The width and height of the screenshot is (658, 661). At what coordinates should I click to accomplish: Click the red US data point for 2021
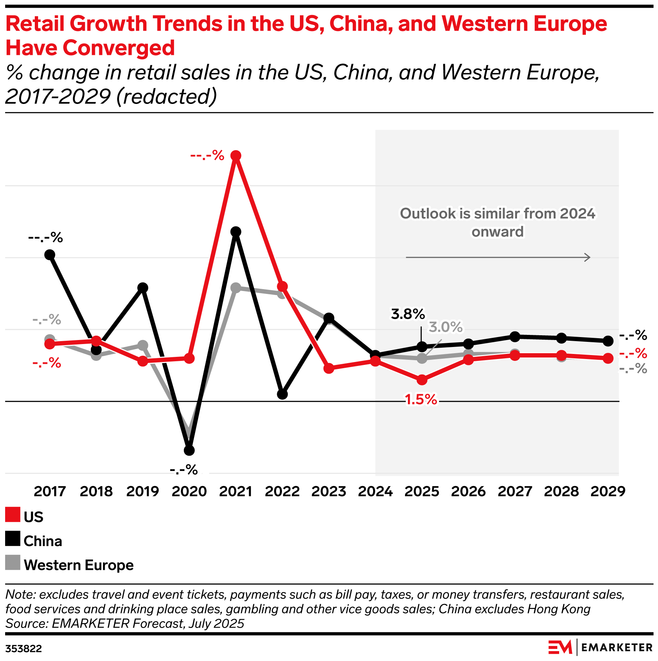[236, 156]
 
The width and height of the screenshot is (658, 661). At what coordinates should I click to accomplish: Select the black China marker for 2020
[189, 450]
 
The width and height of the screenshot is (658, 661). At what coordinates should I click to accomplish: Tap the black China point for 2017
[50, 255]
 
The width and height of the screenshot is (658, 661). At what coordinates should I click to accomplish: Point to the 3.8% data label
[408, 314]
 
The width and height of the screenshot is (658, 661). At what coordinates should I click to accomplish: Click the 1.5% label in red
[421, 400]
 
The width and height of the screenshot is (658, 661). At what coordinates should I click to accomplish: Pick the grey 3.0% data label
[446, 327]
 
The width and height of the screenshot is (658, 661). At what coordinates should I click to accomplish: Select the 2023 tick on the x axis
[329, 491]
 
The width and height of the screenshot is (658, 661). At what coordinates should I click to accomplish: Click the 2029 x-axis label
[608, 491]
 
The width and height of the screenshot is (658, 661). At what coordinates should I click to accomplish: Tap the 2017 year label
[50, 491]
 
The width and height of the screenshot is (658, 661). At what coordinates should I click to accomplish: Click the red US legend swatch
[13, 515]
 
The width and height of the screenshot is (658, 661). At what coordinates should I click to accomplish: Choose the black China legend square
[13, 538]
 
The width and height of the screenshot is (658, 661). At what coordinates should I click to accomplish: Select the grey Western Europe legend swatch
[13, 563]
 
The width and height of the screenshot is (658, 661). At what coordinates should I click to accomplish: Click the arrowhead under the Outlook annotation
[587, 258]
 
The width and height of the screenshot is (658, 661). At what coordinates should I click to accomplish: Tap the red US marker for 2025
[422, 380]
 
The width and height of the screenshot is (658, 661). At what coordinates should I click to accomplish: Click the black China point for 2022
[282, 394]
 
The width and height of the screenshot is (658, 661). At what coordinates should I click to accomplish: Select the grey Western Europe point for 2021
[236, 288]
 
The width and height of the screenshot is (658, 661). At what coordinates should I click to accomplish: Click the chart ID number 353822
[24, 649]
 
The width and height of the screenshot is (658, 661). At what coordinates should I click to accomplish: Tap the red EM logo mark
[560, 647]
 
